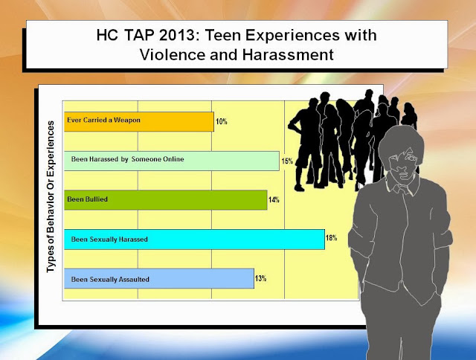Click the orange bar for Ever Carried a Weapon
[x=139, y=122]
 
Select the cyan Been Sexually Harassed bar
[x=194, y=240]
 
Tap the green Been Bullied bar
[x=165, y=200]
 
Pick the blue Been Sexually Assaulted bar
[x=159, y=278]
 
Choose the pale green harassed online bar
[x=172, y=161]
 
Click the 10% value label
[x=222, y=122]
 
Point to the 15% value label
[x=287, y=161]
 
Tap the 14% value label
[x=274, y=200]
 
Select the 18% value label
[x=331, y=238]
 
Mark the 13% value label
[x=261, y=278]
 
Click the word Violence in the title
[x=173, y=55]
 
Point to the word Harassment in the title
[x=288, y=55]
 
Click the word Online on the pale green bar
[x=173, y=159]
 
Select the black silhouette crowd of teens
[x=352, y=140]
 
